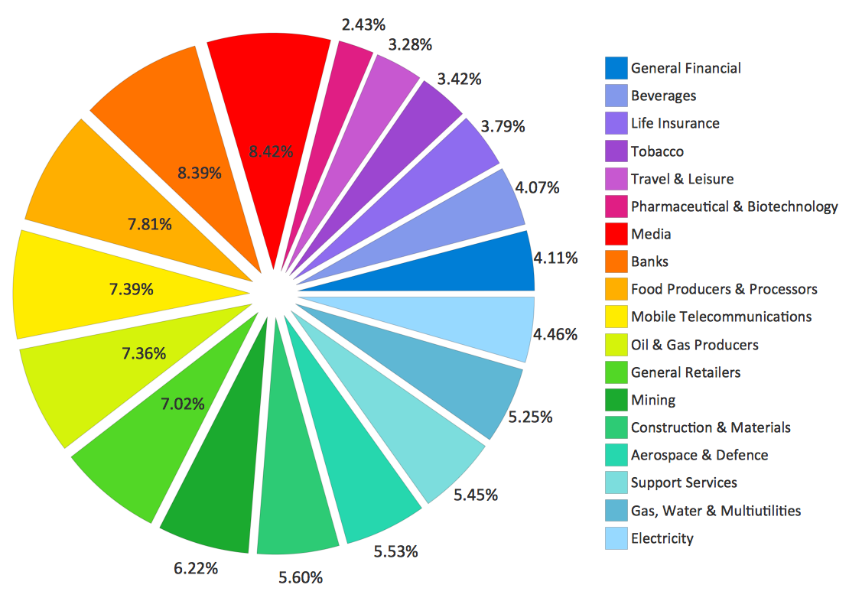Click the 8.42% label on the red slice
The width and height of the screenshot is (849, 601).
click(271, 151)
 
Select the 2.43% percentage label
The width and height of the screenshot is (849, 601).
click(363, 24)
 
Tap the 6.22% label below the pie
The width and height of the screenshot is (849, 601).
click(197, 568)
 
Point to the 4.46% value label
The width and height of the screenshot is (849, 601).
click(555, 334)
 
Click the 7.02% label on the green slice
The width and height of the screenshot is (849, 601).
click(183, 404)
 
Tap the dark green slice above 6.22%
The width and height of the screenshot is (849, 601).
click(214, 489)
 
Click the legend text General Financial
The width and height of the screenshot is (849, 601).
click(685, 68)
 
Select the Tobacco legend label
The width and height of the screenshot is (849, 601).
click(657, 151)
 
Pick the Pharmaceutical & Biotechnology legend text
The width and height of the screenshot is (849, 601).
click(734, 206)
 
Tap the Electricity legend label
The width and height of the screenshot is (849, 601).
click(662, 538)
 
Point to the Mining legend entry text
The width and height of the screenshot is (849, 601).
click(653, 400)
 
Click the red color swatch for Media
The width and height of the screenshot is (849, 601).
click(616, 234)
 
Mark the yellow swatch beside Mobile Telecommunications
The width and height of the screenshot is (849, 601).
click(616, 317)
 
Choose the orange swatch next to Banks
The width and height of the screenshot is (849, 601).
click(616, 262)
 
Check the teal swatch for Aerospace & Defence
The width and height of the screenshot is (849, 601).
click(616, 455)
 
